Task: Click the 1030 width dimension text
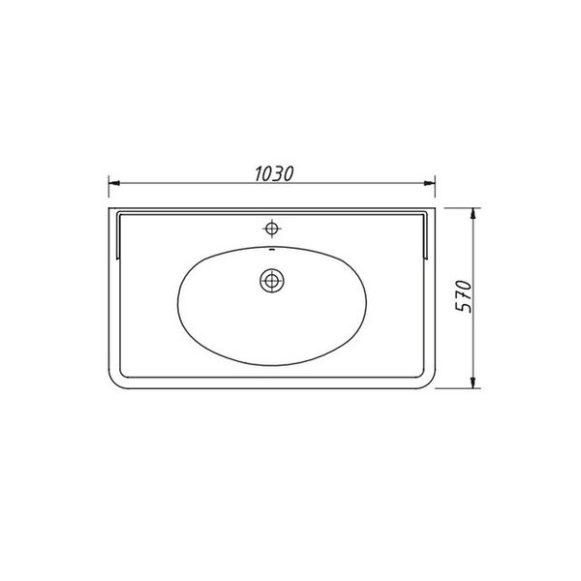tap(275, 173)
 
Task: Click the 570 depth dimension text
tap(464, 296)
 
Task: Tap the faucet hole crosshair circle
tap(272, 229)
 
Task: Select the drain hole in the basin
tap(272, 281)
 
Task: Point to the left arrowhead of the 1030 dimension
tap(114, 183)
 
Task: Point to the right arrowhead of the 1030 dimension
tap(429, 183)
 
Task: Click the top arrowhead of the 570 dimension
tap(473, 214)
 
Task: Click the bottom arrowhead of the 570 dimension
tap(473, 382)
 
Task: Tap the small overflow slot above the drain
tap(271, 249)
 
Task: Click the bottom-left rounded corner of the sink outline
tap(113, 383)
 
